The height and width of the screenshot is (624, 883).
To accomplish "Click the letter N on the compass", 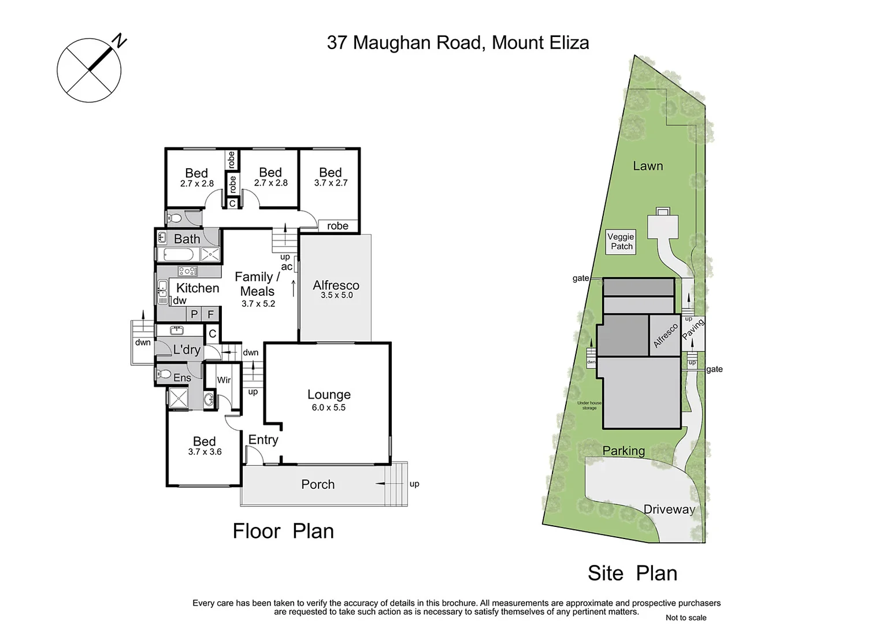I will coord(120,40).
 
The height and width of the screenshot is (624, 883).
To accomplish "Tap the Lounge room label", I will coord(329,395).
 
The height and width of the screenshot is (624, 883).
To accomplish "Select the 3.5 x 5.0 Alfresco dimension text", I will coord(336,295).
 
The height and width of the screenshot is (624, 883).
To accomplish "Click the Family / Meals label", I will coord(257,284).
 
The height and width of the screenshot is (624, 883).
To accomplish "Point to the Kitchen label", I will coord(198,288).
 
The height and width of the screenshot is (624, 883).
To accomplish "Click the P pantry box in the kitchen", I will coord(194,315).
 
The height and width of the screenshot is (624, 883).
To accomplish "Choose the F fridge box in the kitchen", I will coord(211,315).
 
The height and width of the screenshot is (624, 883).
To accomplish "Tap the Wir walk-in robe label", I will coord(224,380).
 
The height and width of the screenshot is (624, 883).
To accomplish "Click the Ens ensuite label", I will coord(182,378).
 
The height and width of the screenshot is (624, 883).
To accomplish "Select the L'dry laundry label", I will coord(187,350).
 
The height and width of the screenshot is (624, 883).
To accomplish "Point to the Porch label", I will coord(318,484).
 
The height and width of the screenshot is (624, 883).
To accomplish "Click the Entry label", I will coord(263,440).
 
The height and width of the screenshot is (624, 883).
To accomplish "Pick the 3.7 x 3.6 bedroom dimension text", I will coord(205,452).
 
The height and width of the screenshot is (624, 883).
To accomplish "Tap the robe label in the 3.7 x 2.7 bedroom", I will coord(337,226).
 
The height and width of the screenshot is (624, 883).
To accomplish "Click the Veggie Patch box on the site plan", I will coord(621,242).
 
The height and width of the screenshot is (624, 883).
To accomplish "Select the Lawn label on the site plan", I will coord(648,166).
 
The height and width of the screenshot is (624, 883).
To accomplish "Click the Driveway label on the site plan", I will coord(669,509).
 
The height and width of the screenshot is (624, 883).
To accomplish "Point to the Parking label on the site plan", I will coord(624,451).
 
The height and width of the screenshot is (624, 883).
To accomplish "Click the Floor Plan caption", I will coord(283,531).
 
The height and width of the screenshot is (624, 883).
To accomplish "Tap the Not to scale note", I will coord(685,618).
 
